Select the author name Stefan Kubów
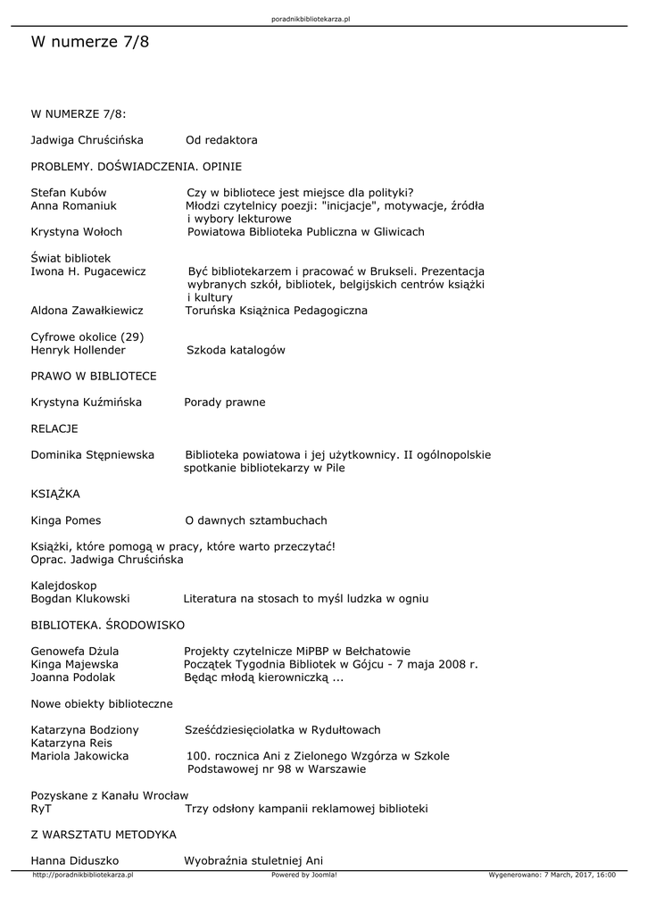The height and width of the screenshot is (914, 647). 69,192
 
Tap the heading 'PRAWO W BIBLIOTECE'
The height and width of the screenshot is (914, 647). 94,376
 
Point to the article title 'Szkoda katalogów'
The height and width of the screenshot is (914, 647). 235,350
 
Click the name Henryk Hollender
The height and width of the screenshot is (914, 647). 78,350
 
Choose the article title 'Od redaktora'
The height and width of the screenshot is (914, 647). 221,140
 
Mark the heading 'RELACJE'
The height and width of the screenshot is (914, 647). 54,428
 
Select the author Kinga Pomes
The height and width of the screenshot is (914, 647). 66,520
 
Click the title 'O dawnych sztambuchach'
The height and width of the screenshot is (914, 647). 255,520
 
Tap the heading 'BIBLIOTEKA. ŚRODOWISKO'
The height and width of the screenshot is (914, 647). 108,625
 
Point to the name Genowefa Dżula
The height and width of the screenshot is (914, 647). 75,651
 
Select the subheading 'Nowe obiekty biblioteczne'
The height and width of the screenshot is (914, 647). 102,703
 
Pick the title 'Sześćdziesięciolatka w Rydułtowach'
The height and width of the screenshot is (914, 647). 283,729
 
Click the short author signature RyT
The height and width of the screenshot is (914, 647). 41,809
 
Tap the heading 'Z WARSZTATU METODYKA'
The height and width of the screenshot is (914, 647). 104,835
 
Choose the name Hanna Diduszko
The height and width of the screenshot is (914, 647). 75,860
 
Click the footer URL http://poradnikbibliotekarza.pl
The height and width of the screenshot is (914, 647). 82,875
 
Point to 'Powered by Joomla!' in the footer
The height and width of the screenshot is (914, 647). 303,875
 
